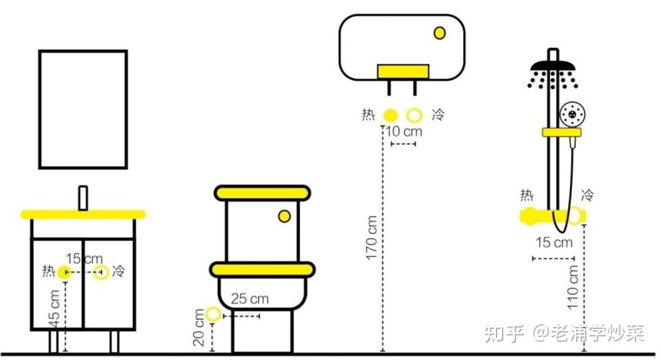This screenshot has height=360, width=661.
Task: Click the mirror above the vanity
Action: (x=83, y=109)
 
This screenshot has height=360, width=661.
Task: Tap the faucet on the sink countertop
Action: (x=84, y=198)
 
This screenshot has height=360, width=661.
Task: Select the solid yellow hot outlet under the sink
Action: (x=64, y=272)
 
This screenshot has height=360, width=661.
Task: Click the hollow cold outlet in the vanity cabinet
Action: (x=101, y=272)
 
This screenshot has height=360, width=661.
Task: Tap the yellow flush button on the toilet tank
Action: (x=285, y=216)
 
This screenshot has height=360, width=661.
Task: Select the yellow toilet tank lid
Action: (x=263, y=193)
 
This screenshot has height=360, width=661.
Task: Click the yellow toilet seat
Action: (x=262, y=270)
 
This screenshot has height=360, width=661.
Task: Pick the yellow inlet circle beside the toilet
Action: (x=214, y=313)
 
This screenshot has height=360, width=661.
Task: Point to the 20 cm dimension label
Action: (x=199, y=328)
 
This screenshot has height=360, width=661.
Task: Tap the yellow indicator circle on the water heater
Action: (x=440, y=32)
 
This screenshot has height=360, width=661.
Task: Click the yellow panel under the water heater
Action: (x=403, y=71)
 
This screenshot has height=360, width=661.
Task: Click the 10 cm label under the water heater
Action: (x=403, y=131)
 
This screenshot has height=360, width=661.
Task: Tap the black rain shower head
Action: (x=553, y=67)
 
